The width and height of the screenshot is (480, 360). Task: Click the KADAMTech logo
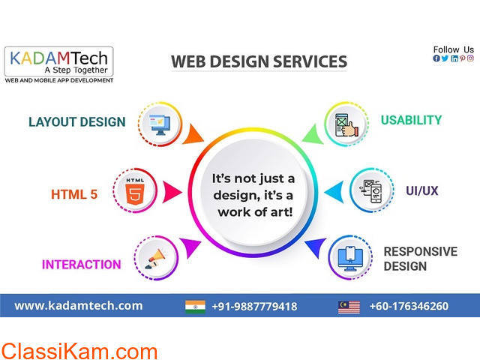tap(58, 64)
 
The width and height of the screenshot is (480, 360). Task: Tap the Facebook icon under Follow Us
tap(436, 58)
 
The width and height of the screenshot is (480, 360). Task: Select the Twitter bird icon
tap(445, 58)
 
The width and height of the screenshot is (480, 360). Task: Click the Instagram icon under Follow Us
tap(470, 58)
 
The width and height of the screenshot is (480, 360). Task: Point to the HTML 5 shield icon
tap(135, 191)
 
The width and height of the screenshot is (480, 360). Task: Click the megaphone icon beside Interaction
tap(156, 259)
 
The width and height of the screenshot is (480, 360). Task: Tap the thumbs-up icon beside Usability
tap(346, 125)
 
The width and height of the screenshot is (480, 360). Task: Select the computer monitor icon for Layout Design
tap(160, 124)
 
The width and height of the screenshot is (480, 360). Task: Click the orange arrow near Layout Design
tap(193, 134)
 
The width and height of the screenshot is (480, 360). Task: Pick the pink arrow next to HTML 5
tap(172, 192)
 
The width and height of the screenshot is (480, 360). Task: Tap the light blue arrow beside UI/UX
tap(334, 192)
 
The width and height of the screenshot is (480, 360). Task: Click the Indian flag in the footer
tap(195, 307)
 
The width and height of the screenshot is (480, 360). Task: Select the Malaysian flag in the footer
tap(349, 307)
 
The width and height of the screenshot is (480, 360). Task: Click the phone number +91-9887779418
tap(254, 307)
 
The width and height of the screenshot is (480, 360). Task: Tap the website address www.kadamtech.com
tap(79, 306)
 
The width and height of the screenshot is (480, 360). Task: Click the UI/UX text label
tap(421, 190)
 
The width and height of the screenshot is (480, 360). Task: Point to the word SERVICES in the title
tap(310, 61)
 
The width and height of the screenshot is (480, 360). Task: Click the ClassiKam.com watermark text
tap(79, 351)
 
